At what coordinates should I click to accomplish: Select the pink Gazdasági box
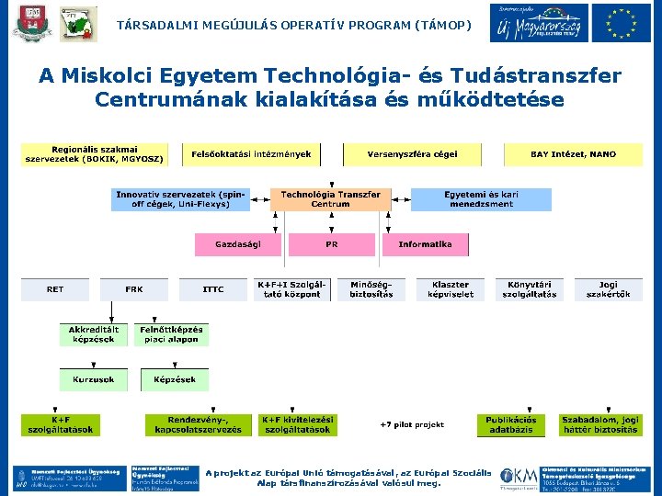click(237, 244)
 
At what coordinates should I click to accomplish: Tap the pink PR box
click(331, 244)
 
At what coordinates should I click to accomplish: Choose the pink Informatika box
click(425, 244)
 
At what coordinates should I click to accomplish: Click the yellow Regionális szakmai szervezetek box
click(95, 154)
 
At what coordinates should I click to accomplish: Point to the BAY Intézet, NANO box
click(573, 154)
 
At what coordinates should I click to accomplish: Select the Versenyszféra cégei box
click(412, 154)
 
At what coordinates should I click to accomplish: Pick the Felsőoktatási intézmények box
click(251, 154)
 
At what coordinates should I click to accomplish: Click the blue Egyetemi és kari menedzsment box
click(481, 199)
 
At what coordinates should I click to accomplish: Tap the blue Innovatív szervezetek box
click(180, 199)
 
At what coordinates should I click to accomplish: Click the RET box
click(56, 289)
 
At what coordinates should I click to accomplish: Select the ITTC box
click(213, 289)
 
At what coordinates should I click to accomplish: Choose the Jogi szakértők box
click(608, 289)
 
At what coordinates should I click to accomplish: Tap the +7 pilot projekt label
click(411, 424)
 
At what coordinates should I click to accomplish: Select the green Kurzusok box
click(94, 379)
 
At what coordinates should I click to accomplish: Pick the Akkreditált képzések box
click(94, 334)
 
